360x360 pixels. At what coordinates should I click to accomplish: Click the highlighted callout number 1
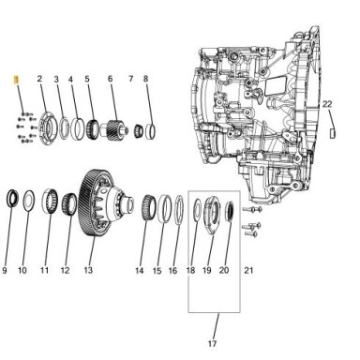pyautogui.click(x=16, y=80)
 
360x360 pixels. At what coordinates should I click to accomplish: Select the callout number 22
pyautogui.click(x=327, y=104)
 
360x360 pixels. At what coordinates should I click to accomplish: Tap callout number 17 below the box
pyautogui.click(x=212, y=344)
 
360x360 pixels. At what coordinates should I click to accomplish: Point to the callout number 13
pyautogui.click(x=88, y=270)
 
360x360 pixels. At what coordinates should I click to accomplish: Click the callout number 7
pyautogui.click(x=130, y=79)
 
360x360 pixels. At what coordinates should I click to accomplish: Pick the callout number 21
pyautogui.click(x=248, y=270)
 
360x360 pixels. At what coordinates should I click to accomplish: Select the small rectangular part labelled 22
pyautogui.click(x=333, y=133)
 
